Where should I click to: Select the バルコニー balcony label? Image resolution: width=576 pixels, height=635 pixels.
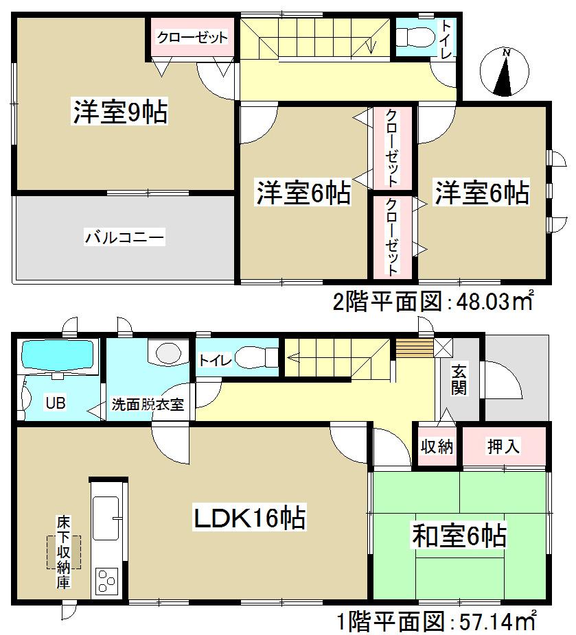124,239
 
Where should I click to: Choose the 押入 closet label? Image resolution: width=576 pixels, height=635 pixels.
503,446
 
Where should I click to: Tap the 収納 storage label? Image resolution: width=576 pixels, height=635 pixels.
437,446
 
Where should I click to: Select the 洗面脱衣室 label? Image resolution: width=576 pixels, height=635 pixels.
148,405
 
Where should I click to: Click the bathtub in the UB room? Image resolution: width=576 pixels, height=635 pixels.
58,355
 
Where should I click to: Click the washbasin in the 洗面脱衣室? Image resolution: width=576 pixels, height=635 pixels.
168,353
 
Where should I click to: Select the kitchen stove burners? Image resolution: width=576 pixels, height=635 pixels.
108,580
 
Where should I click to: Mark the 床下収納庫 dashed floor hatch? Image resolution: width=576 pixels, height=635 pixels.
63,552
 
